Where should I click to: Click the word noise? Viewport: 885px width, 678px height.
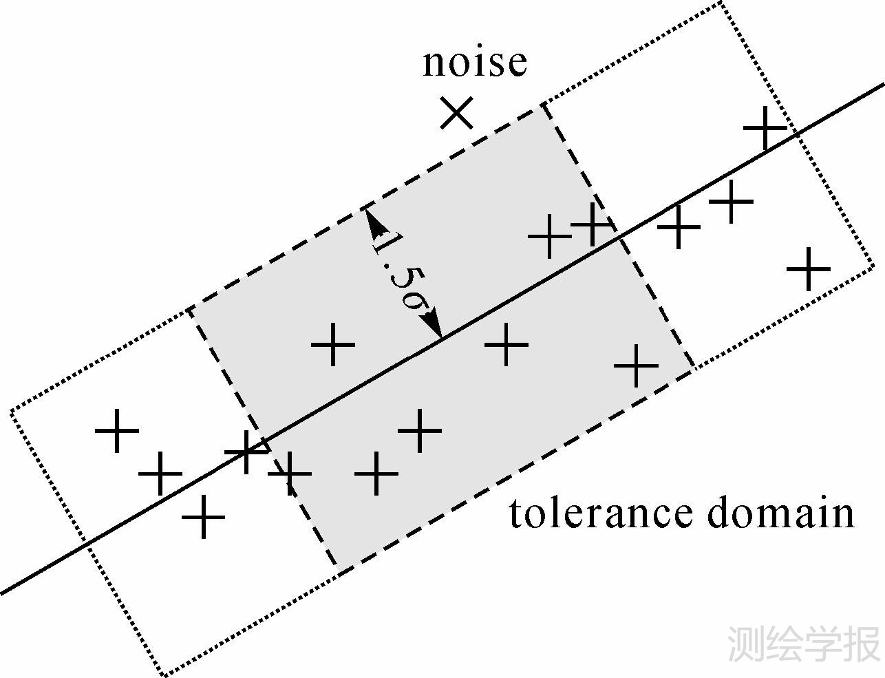(x=474, y=62)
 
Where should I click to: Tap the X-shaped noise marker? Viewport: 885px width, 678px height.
(x=457, y=113)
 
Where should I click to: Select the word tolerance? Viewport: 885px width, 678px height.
(x=600, y=514)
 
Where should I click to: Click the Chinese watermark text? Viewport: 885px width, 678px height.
(x=804, y=644)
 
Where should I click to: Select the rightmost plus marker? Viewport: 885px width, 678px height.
(x=809, y=269)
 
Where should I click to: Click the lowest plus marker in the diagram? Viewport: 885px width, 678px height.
(x=203, y=516)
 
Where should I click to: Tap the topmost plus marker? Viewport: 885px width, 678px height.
(x=765, y=127)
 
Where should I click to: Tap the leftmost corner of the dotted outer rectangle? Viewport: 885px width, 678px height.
(x=10, y=412)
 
